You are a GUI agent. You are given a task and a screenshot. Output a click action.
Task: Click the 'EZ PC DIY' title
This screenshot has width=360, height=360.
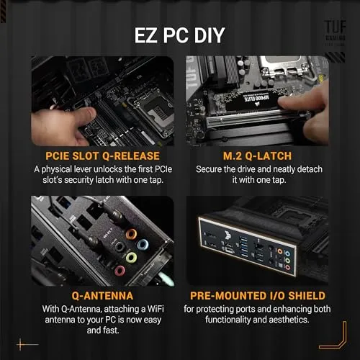[x=179, y=35]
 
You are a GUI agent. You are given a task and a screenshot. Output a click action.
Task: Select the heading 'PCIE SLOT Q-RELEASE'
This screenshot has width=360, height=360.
[x=101, y=155]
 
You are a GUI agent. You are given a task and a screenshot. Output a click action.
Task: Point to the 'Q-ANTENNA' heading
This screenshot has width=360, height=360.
[x=101, y=294]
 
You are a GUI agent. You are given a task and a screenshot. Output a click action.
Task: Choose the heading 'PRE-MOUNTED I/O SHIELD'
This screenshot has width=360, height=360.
[x=258, y=294]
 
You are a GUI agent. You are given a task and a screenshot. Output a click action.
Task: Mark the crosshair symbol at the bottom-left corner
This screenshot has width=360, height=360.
[x=27, y=344]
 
